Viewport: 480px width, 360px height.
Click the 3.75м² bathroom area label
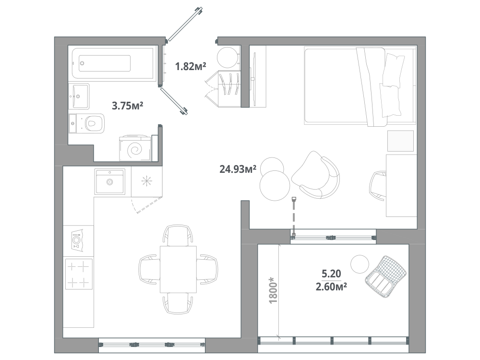128,106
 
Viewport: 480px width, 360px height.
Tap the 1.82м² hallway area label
191,66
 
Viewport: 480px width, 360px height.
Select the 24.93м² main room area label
238,168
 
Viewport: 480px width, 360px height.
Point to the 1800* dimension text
273,290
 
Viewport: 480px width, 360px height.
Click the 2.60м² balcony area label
331,287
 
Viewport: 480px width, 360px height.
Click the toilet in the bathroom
86,123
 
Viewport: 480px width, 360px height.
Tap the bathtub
113,63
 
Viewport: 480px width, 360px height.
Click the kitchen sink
109,181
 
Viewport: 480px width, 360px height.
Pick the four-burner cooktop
79,274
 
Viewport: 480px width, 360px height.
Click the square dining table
178,269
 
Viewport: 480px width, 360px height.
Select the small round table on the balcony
360,264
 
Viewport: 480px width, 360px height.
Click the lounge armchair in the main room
316,175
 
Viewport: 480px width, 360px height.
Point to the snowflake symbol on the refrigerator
146,181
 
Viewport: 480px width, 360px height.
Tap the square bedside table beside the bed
400,141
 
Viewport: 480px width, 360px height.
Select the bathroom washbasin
79,96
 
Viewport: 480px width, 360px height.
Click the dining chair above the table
178,235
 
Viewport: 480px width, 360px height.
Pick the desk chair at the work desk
378,186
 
